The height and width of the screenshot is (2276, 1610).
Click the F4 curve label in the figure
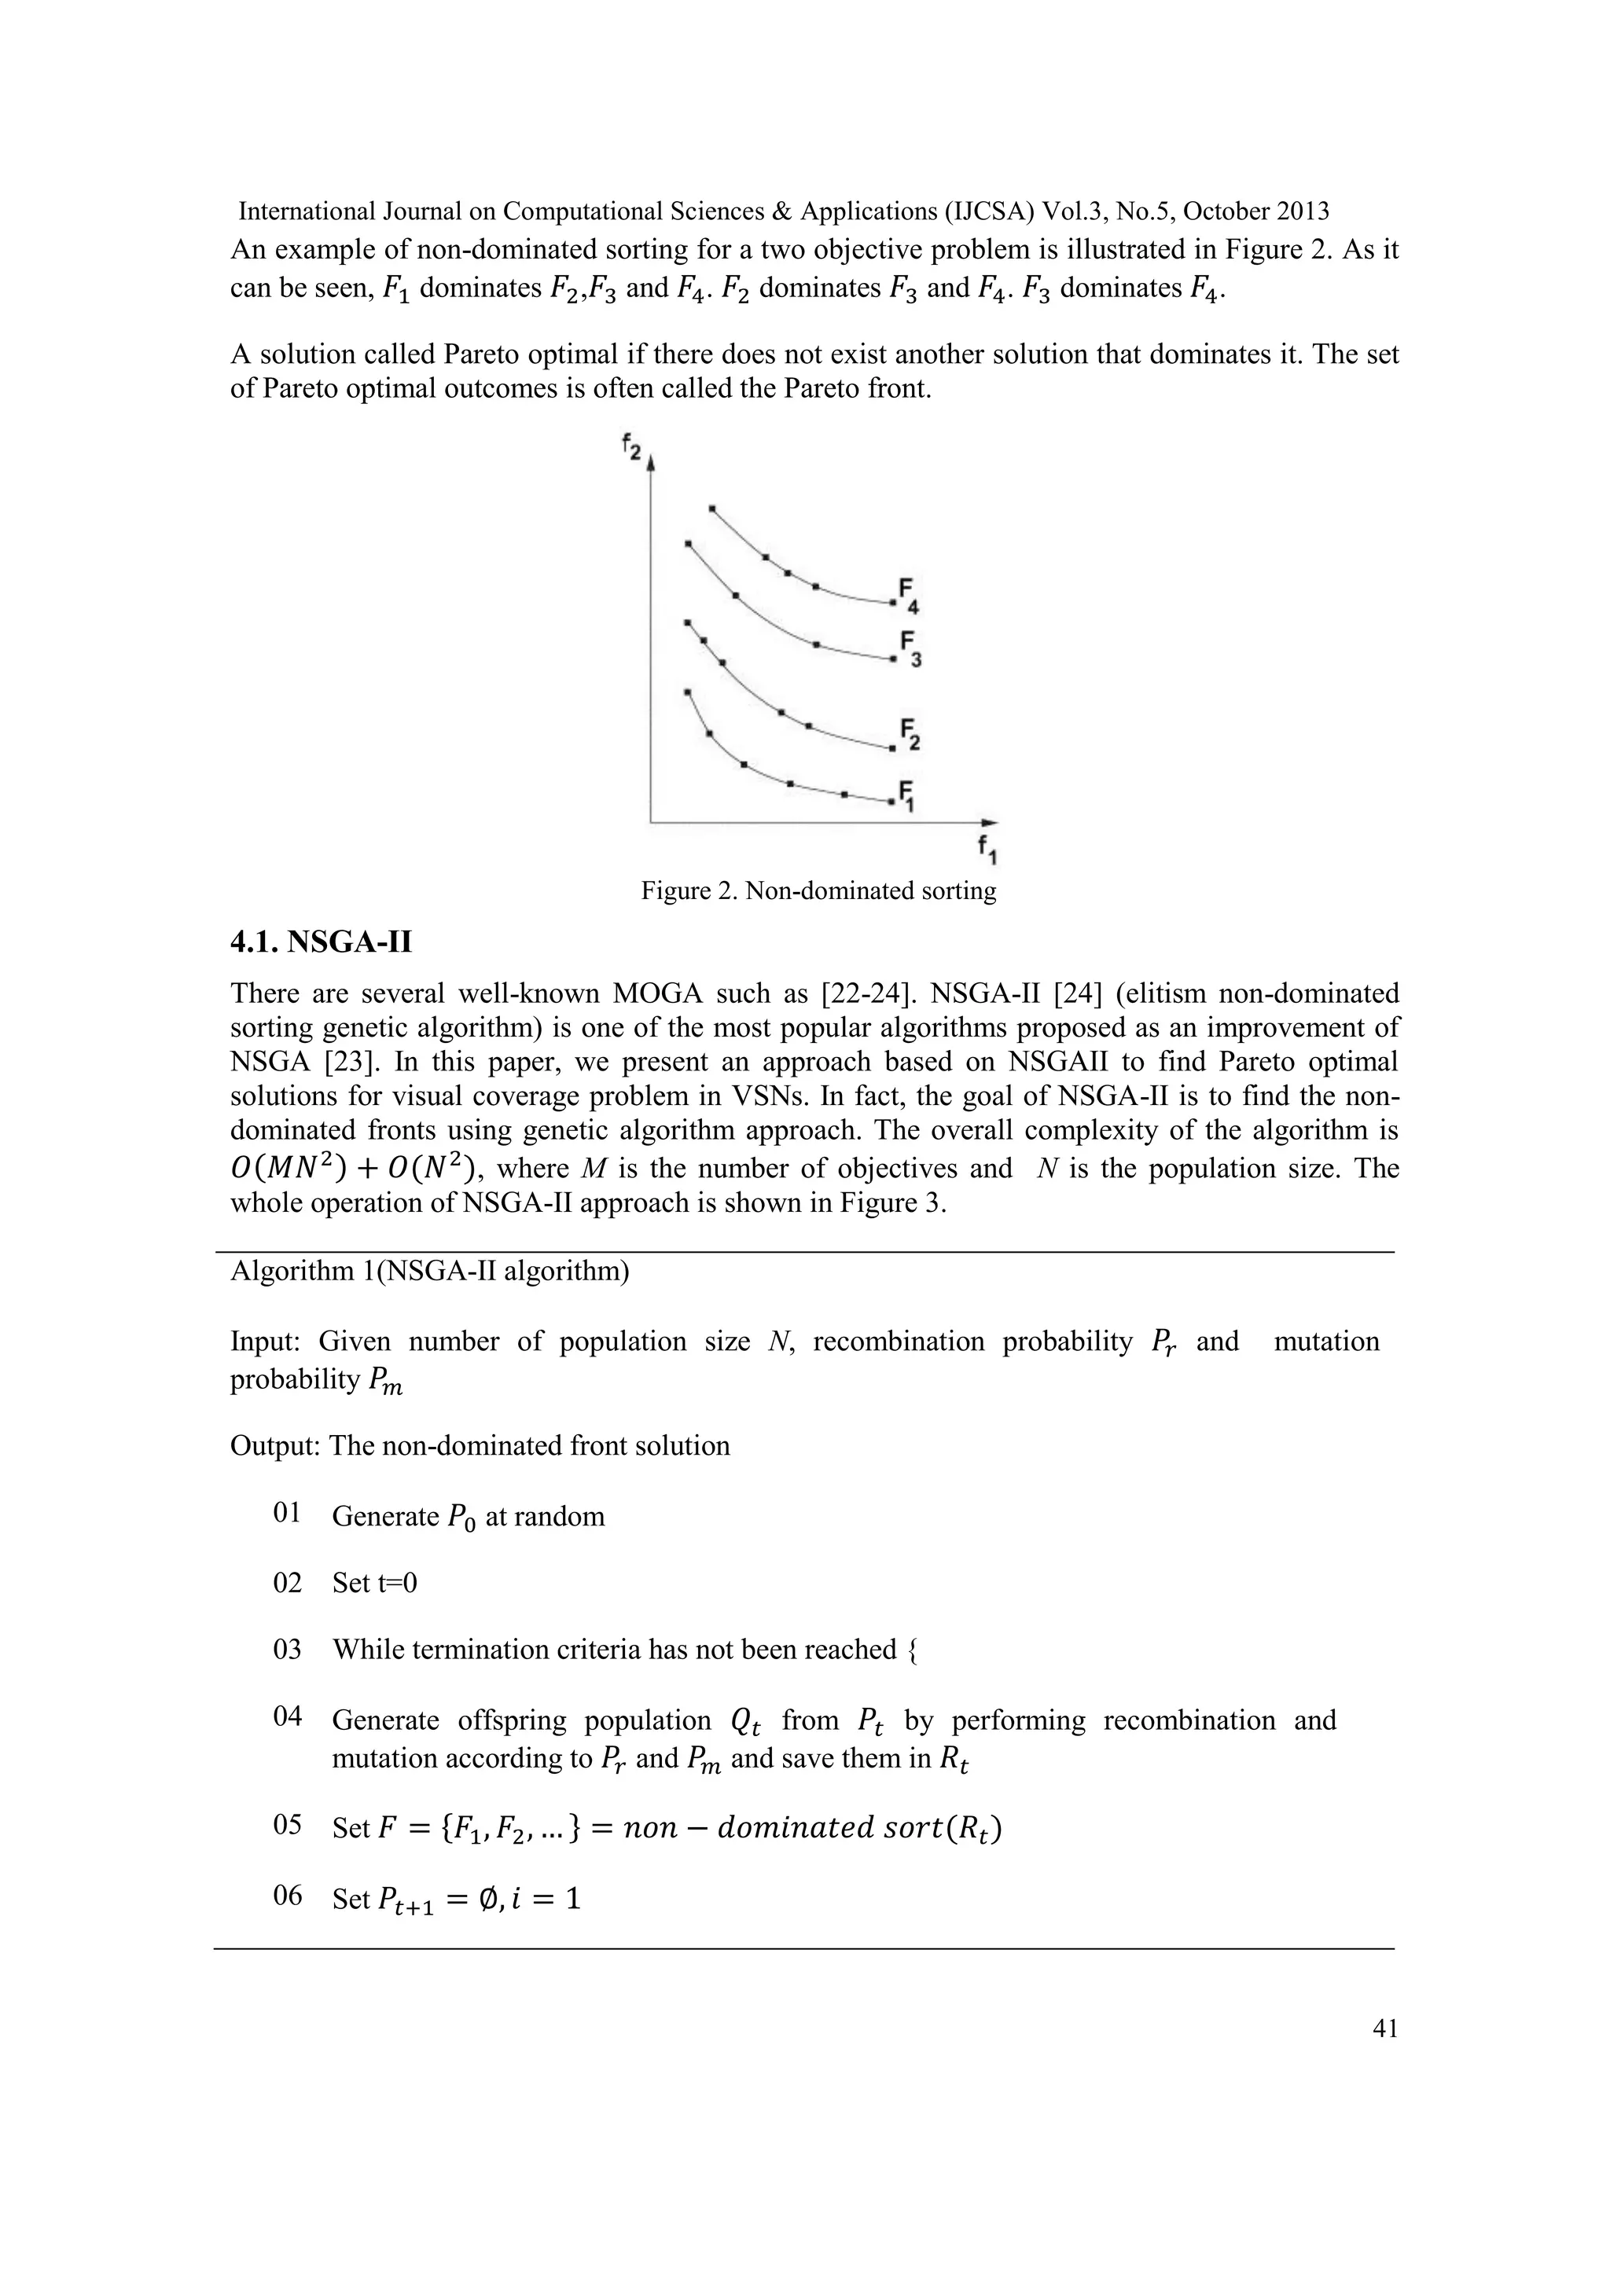pyautogui.click(x=908, y=595)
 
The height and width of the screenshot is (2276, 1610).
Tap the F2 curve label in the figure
pyautogui.click(x=909, y=735)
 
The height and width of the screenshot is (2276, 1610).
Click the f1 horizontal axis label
pyautogui.click(x=986, y=849)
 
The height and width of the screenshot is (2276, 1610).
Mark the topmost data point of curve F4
pyautogui.click(x=711, y=508)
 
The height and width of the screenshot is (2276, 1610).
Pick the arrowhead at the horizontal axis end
pyautogui.click(x=990, y=822)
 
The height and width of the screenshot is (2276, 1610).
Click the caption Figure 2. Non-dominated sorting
pyautogui.click(x=818, y=891)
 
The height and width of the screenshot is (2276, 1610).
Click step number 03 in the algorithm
pyautogui.click(x=286, y=1650)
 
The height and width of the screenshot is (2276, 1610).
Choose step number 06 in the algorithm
pyautogui.click(x=286, y=1896)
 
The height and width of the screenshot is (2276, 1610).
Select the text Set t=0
pyautogui.click(x=375, y=1583)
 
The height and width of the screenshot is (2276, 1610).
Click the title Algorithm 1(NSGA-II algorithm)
pyautogui.click(x=429, y=1271)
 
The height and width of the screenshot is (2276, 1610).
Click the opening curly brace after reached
pyautogui.click(x=911, y=1650)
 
